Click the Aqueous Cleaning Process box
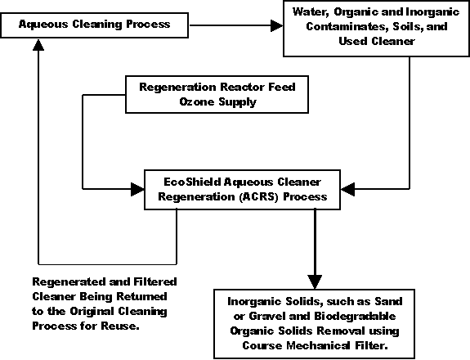coord(95,25)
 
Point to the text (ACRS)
coord(259,197)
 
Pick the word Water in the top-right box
coord(311,12)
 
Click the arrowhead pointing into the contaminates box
coord(276,25)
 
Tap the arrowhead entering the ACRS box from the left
coord(138,189)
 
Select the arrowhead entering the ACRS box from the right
coord(347,189)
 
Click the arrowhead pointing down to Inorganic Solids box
coord(315,282)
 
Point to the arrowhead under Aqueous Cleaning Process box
coord(38,44)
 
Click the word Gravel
coord(267,316)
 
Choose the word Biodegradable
coord(355,316)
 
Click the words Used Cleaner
coord(377,41)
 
